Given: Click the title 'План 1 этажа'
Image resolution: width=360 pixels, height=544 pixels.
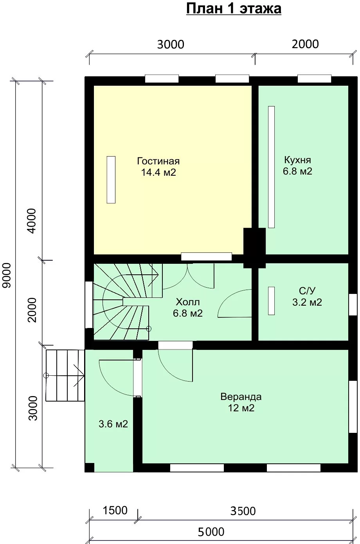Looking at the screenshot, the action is click(x=234, y=9).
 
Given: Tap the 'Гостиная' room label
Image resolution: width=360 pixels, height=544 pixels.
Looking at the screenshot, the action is click(x=158, y=161).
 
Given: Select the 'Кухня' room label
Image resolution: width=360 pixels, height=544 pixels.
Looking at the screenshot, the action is click(x=297, y=160).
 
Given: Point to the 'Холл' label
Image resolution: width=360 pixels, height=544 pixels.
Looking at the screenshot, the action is click(x=188, y=302).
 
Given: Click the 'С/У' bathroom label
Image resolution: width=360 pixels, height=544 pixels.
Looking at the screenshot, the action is click(x=307, y=291).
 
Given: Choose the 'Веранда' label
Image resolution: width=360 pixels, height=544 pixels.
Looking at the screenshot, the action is click(x=241, y=397).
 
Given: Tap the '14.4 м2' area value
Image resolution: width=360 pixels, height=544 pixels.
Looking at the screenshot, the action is click(x=158, y=173).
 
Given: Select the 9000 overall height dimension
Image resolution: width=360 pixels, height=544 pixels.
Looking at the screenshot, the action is click(x=7, y=276).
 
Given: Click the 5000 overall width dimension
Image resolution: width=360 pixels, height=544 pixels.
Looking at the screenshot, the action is click(x=211, y=532).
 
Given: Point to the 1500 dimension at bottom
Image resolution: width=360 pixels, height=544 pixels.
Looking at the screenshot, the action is click(x=115, y=510).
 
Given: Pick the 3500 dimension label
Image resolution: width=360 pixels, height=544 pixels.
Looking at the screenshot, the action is click(x=243, y=511).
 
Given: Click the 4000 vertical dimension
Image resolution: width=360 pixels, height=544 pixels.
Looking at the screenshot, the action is click(x=32, y=221).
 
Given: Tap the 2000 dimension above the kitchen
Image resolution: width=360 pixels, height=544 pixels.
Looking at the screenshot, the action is click(x=305, y=44).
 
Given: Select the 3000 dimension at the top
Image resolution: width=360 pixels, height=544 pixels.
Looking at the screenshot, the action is click(x=171, y=45).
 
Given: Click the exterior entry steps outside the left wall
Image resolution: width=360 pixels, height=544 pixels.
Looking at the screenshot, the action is click(x=65, y=375).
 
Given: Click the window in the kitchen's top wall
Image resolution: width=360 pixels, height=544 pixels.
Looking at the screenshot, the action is click(x=314, y=79).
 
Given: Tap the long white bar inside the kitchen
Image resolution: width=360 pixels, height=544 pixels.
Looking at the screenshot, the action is click(x=272, y=167).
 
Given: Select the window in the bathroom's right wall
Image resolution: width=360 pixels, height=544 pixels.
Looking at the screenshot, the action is click(x=353, y=305).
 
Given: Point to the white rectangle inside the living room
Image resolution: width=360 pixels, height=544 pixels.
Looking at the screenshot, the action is click(x=111, y=180).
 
